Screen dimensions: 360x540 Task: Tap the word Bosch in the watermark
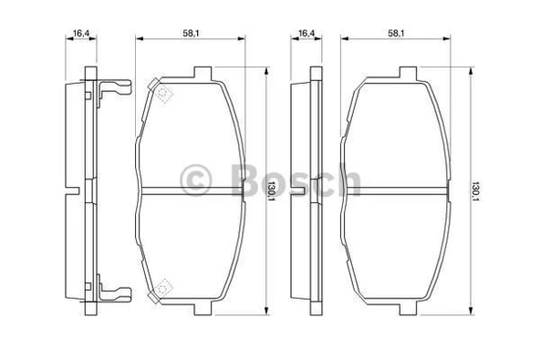(288, 180)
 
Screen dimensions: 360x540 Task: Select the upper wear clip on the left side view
(114, 89)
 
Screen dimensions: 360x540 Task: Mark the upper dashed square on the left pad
(162, 94)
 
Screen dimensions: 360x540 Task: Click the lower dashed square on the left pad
(162, 288)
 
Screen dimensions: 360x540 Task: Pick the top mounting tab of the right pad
(409, 72)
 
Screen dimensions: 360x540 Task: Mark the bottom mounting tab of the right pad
(409, 311)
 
